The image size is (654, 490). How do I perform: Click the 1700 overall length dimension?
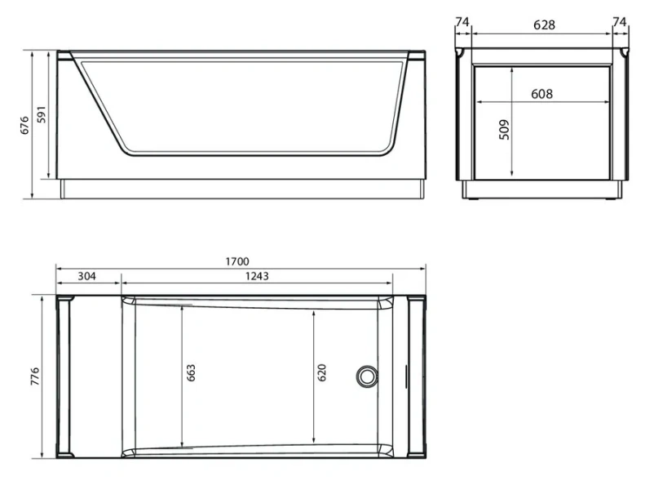pos(236,261)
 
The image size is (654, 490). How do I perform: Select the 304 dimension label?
pos(86,276)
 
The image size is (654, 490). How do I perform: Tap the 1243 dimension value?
pos(257,276)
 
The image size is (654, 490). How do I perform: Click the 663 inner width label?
pos(191,373)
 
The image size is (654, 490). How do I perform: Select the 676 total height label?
pos(24,125)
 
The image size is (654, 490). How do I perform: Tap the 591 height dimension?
pos(46,115)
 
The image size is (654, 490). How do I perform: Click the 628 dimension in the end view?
pos(544,24)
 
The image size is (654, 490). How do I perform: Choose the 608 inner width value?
pos(541,94)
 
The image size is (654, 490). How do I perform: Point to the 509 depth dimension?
pos(503,130)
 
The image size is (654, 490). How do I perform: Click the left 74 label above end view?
pos(462,23)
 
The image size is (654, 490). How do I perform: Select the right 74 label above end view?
pos(621,23)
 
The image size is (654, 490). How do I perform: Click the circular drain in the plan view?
pos(366,376)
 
